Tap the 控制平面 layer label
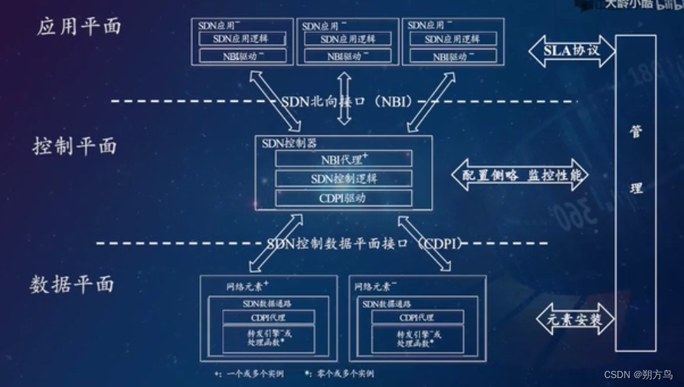click(75, 146)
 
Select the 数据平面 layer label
click(72, 284)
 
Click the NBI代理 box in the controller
click(344, 159)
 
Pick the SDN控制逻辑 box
click(344, 179)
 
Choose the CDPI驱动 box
click(344, 199)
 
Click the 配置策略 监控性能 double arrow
click(520, 175)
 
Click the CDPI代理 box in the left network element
click(268, 317)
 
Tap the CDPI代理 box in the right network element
click(417, 317)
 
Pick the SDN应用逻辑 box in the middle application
click(348, 39)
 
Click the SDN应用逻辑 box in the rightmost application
click(453, 39)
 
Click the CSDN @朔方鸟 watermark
click(639, 375)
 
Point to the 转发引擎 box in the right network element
click(417, 337)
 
